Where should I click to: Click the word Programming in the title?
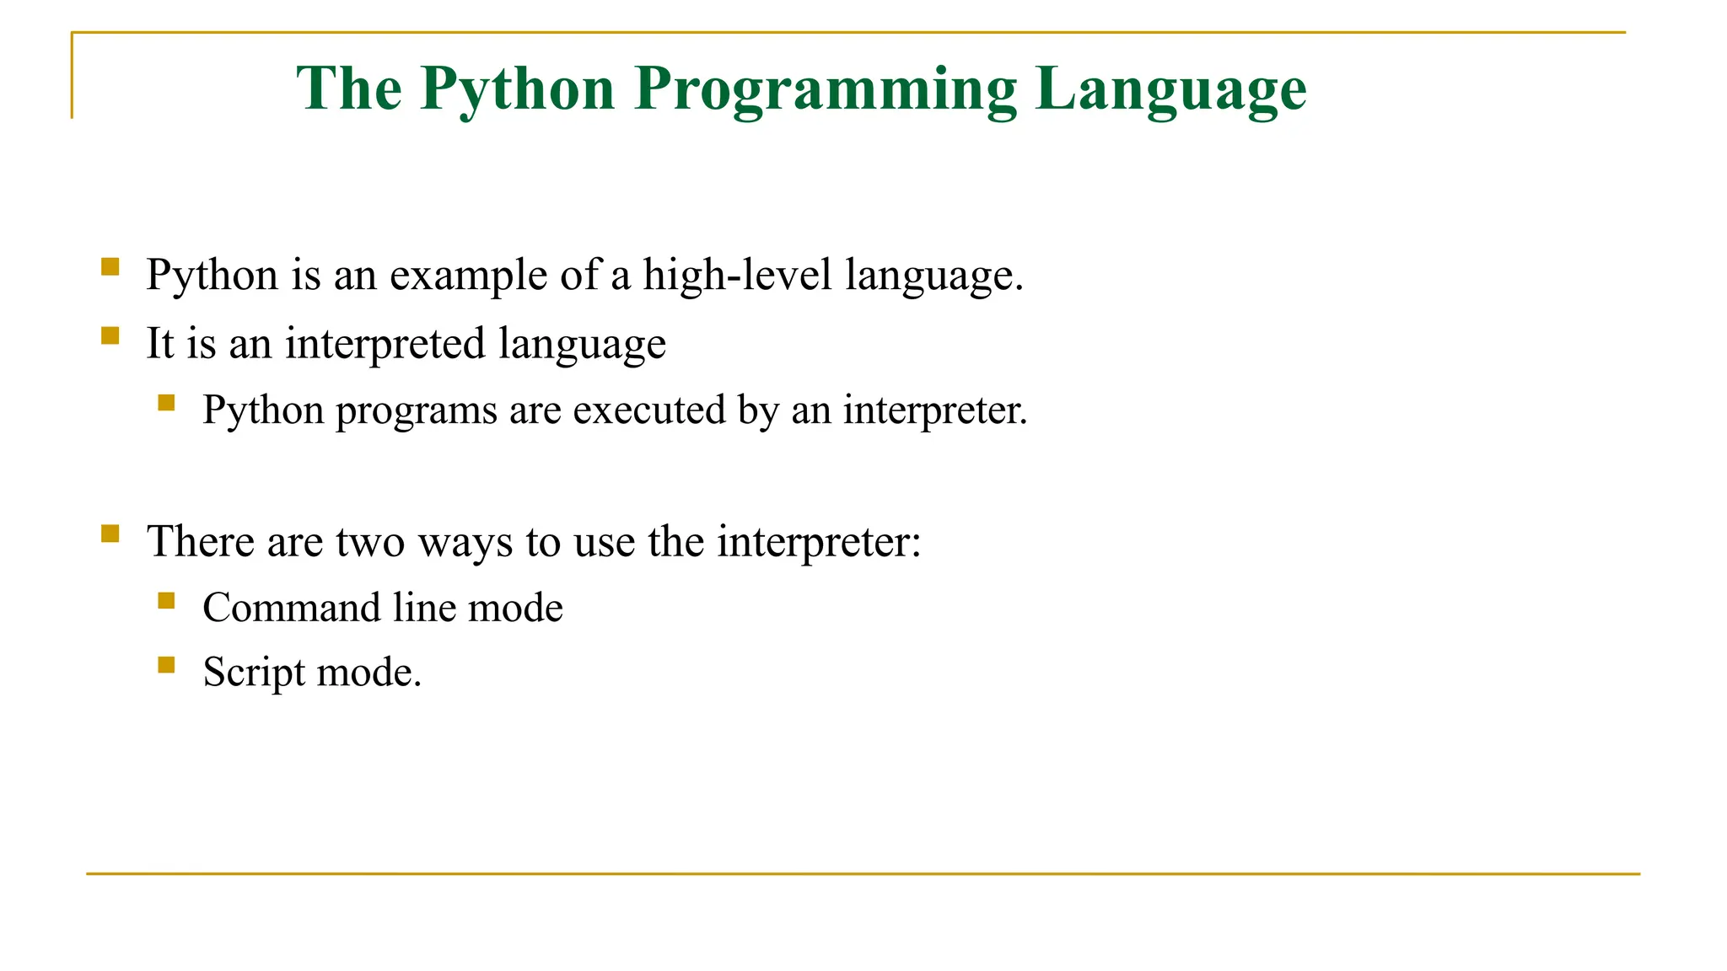826,89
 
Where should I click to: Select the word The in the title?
349,89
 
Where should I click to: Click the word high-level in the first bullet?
737,276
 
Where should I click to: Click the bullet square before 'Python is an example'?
110,267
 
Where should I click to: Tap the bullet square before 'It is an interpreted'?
110,335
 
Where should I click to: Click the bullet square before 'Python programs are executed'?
166,403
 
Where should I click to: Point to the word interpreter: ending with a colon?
819,542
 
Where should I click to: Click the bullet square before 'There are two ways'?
110,534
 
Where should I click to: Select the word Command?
292,608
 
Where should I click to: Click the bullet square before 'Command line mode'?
166,601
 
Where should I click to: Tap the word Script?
254,673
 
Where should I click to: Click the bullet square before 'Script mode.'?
166,665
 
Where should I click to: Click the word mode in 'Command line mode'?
515,608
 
